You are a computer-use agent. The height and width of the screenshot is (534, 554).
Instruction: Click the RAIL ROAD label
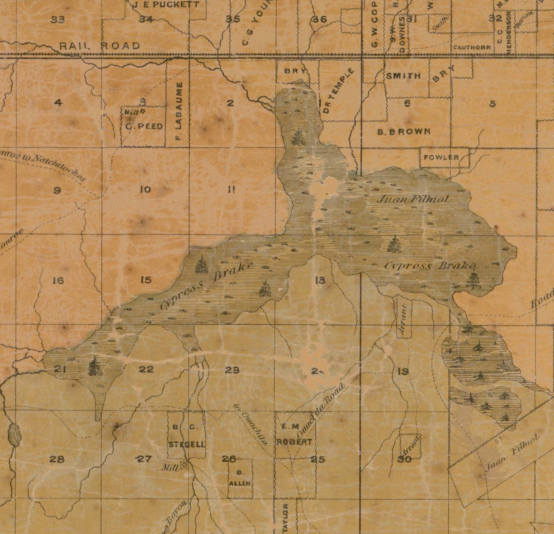[99, 46]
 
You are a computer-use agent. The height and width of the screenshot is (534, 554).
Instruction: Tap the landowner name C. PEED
[144, 126]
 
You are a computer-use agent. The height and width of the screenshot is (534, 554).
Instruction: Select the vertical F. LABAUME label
[179, 112]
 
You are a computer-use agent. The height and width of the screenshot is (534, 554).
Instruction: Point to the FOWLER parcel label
[441, 157]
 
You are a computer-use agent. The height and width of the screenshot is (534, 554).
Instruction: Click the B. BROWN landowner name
[404, 131]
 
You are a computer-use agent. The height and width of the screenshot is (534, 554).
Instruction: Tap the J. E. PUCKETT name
[167, 5]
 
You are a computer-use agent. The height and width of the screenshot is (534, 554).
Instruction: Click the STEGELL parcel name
[187, 445]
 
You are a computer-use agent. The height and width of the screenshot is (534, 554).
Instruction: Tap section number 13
[320, 280]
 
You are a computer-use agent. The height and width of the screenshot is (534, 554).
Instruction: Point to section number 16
[58, 280]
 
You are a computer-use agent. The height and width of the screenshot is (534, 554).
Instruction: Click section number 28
[57, 459]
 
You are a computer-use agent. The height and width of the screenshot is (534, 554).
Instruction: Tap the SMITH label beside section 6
[403, 76]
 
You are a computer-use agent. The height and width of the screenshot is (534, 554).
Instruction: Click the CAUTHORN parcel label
[472, 47]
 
